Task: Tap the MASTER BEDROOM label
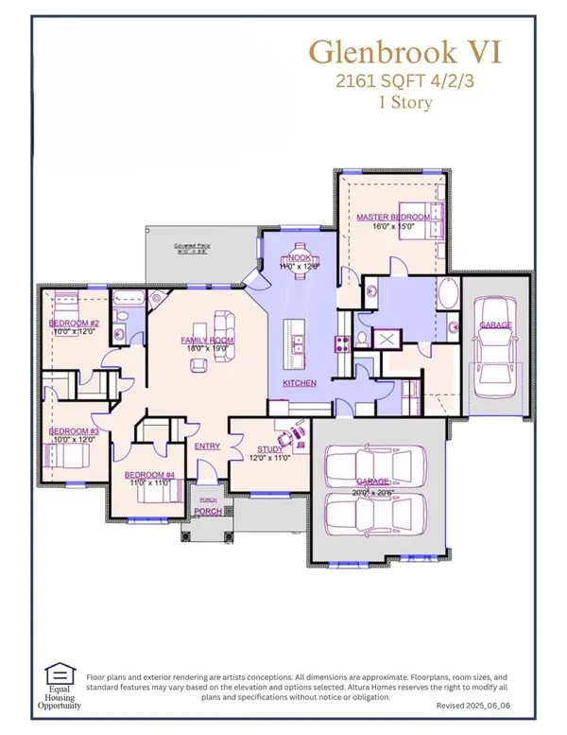pos(392,218)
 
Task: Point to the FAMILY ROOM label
pos(208,341)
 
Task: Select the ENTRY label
pos(208,446)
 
